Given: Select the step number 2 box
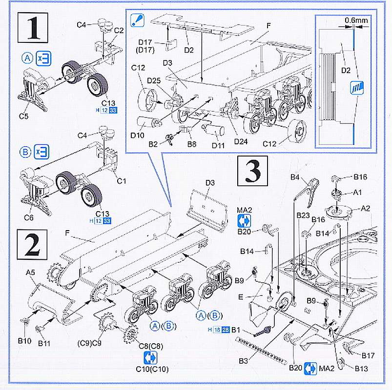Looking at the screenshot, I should [x=32, y=245].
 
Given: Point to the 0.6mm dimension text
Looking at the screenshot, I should [x=355, y=20].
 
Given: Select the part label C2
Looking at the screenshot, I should [x=118, y=30].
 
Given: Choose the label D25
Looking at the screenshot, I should [x=154, y=80].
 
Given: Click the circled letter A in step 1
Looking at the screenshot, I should [x=27, y=59].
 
